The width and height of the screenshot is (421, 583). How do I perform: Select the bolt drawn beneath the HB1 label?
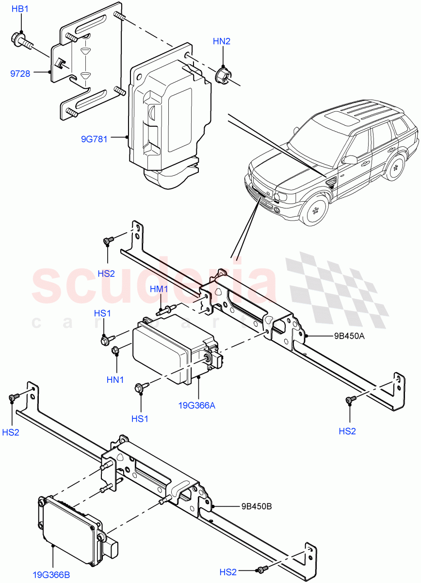tap(22, 39)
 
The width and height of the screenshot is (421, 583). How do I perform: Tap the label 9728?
tap(20, 74)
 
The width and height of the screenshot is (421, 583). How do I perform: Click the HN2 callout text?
tap(221, 41)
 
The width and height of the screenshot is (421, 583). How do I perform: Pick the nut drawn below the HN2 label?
tap(223, 75)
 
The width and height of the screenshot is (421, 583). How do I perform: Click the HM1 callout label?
tap(159, 290)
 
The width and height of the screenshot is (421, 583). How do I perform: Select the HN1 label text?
tap(116, 379)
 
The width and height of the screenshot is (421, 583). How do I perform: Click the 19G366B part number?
tap(51, 575)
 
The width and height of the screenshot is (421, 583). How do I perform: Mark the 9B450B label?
tap(256, 506)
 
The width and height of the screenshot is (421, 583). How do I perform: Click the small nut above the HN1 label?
tap(115, 350)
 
